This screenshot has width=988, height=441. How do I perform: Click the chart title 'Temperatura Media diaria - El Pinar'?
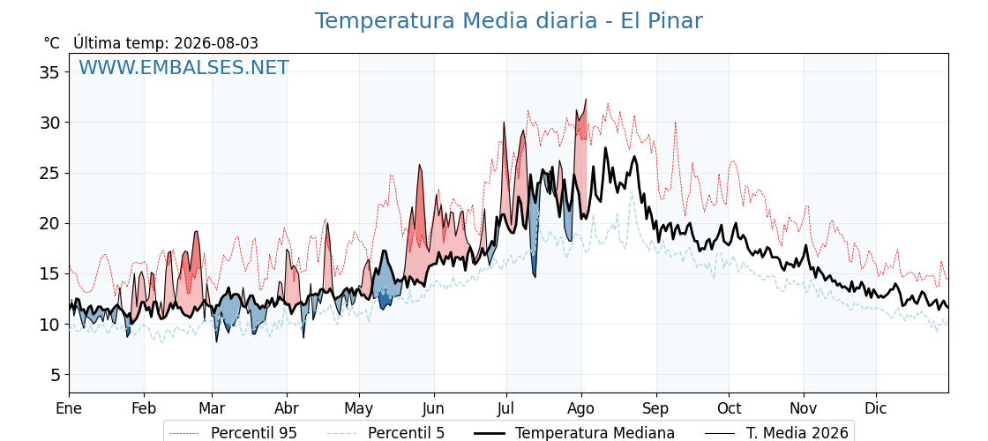[x=508, y=21]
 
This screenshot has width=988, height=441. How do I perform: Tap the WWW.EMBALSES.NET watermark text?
[x=184, y=67]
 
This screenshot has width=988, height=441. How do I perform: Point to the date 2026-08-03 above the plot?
[x=216, y=43]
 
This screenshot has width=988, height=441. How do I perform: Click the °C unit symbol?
[x=52, y=43]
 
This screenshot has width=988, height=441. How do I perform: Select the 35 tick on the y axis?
[x=52, y=71]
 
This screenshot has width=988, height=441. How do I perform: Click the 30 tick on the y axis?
[x=52, y=123]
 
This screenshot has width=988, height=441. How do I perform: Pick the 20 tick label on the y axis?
[x=52, y=224]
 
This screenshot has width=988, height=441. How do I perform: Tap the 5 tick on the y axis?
[x=56, y=375]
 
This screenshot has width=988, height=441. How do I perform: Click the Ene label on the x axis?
[x=70, y=408]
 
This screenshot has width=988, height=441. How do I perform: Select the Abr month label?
[x=288, y=408]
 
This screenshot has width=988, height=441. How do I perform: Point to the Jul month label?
[x=506, y=408]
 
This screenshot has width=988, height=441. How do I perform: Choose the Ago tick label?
[x=581, y=408]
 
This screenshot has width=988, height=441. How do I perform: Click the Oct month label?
[x=730, y=408]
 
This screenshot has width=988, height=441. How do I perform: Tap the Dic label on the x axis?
[x=876, y=408]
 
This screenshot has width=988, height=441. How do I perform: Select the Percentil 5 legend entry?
[x=385, y=433]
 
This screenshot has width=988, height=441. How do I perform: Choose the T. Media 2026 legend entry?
[x=777, y=433]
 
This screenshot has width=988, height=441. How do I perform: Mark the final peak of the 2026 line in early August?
[x=586, y=99]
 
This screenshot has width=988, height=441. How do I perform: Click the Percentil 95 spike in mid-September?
[x=676, y=123]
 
